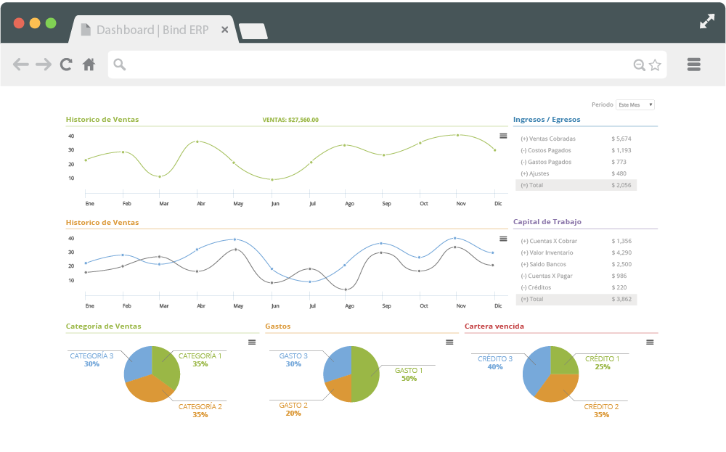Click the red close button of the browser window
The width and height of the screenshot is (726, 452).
click(19, 22)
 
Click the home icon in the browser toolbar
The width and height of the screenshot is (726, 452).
click(89, 65)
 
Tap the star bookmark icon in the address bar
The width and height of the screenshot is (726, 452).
click(655, 65)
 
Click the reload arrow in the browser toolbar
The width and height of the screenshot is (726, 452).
click(66, 65)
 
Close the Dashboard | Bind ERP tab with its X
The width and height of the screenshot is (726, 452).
click(225, 30)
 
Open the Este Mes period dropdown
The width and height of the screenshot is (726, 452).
click(635, 104)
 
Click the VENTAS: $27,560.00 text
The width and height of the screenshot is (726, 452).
click(290, 120)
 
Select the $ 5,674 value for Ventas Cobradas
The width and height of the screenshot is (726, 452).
click(621, 139)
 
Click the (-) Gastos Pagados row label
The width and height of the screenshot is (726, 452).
click(546, 162)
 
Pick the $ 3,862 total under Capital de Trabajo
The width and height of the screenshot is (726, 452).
click(621, 299)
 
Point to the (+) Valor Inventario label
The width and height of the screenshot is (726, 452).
click(547, 252)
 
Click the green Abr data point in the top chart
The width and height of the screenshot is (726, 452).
click(197, 141)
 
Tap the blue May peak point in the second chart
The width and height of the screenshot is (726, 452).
click(234, 239)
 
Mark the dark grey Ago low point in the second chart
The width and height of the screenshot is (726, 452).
click(346, 289)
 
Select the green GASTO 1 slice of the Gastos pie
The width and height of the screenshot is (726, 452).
click(367, 374)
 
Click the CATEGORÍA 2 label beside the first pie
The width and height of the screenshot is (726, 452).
click(200, 406)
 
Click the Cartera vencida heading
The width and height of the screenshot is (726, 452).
click(494, 326)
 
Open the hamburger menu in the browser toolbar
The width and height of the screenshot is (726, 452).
click(693, 65)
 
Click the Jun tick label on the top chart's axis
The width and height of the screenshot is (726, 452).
click(275, 204)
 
